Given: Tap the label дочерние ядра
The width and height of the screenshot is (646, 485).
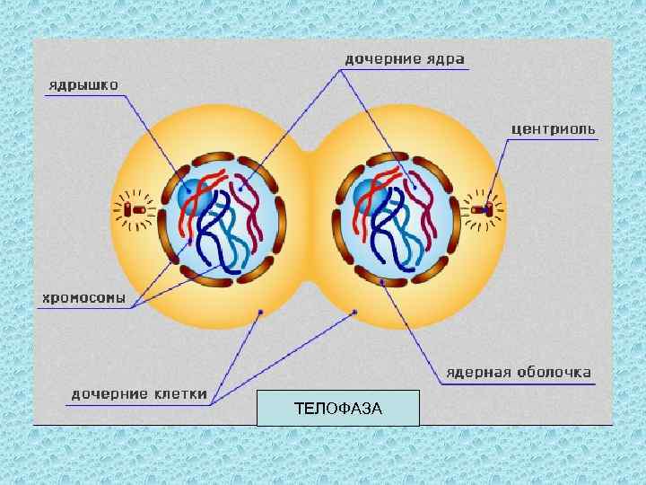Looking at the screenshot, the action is (405, 60).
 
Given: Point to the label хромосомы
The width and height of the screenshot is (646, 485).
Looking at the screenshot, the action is (81, 296).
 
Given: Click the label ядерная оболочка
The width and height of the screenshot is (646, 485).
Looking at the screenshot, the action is (519, 371).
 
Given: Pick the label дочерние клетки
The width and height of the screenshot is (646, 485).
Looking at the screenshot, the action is (140, 393).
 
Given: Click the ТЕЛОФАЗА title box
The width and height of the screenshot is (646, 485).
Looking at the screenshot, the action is (337, 409).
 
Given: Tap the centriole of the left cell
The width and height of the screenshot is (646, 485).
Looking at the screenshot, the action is (136, 209).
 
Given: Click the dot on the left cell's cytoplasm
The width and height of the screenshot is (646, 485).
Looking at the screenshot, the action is (260, 312).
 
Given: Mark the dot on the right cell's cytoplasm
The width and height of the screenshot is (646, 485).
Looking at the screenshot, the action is (354, 313).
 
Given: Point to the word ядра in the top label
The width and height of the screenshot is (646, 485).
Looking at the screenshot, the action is (445, 60).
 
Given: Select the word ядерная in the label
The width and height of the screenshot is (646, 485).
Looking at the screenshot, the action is (480, 371).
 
